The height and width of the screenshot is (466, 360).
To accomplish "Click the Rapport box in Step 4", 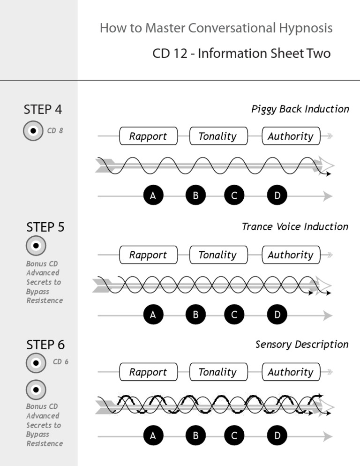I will coord(148,136).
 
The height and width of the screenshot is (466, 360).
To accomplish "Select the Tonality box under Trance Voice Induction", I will coord(217,255).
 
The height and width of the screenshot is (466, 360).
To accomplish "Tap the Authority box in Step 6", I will coord(291,372).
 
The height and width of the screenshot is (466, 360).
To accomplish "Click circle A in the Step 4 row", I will coord(153,196).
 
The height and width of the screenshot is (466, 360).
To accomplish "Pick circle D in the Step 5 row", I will coord(277,315).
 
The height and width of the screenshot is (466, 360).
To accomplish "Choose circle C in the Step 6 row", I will coord(234,436).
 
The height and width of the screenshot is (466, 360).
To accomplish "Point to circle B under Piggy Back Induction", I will coord(195,196).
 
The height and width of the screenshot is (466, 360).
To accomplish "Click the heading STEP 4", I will coord(43,110).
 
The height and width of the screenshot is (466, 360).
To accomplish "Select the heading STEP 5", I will coord(45,227).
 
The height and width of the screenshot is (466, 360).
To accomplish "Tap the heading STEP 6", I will coord(45,345).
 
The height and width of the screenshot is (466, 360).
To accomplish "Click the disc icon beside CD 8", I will coord(33,131).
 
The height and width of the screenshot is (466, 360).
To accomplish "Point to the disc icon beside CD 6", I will coord(36,362).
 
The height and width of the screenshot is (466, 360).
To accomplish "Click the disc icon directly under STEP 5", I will coord(36,245).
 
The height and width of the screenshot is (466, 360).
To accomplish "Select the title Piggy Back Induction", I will coord(300,109).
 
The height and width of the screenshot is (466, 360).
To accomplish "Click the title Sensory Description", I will coord(302,345).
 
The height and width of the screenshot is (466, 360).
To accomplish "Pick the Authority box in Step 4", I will coord(291,136).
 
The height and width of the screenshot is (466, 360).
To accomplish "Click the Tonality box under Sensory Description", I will coord(217,372).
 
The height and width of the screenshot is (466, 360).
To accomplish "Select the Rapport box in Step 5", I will coord(148,255).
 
